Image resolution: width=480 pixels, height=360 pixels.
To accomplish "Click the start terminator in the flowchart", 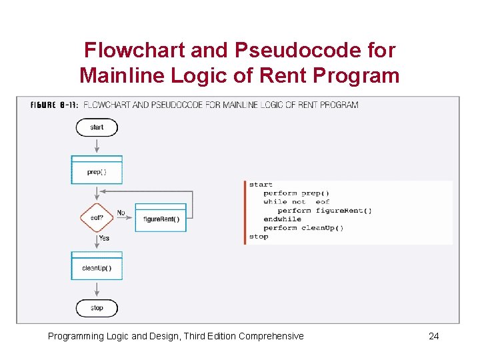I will (x=97, y=127).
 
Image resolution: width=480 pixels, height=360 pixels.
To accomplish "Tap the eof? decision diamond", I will (x=97, y=217).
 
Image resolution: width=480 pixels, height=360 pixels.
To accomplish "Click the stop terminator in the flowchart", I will (x=97, y=308).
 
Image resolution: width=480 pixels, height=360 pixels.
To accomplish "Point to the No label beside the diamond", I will (x=121, y=213).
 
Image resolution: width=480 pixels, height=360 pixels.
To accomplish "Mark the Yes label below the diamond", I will (x=104, y=238).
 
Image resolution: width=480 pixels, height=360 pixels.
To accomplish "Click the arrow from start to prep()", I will (x=97, y=146).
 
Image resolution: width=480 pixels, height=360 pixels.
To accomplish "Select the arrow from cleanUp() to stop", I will (x=97, y=289).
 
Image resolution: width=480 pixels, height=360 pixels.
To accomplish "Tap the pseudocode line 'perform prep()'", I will (x=296, y=193).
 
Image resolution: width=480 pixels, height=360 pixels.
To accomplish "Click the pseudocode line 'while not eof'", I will (x=296, y=202).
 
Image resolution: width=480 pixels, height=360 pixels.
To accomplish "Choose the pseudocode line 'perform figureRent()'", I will (x=325, y=211).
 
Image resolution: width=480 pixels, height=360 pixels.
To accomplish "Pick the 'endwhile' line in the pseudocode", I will (x=282, y=219).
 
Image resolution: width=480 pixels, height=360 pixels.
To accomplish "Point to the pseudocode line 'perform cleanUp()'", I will (x=303, y=228).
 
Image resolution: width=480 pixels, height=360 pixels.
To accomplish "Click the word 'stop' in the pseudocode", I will (x=259, y=237).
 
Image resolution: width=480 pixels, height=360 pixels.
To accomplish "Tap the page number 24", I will (x=433, y=336).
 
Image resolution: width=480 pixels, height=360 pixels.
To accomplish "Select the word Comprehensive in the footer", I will (x=271, y=336).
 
